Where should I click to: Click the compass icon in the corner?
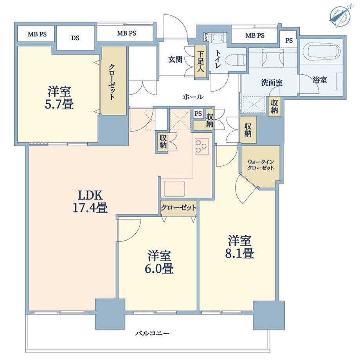(x=339, y=15)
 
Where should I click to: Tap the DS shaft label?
(x=76, y=38)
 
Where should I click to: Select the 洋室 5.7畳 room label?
(x=60, y=98)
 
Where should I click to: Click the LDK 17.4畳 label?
(x=90, y=201)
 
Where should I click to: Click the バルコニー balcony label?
(x=152, y=334)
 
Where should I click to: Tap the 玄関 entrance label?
(x=175, y=59)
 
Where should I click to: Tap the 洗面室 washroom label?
(x=272, y=83)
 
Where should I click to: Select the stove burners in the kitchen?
(x=201, y=146)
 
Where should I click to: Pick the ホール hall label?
(x=193, y=97)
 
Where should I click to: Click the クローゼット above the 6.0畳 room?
(x=178, y=208)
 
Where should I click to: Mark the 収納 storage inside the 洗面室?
(x=274, y=105)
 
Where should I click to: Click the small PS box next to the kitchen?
(x=198, y=114)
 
